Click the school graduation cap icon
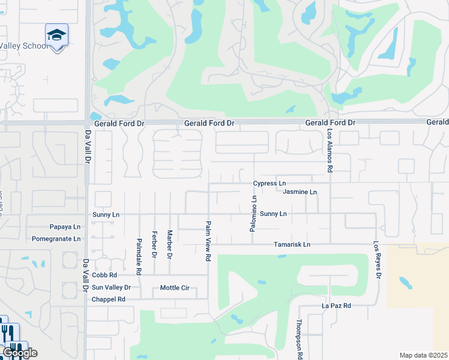pyautogui.click(x=56, y=36)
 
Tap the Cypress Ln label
pyautogui.click(x=270, y=184)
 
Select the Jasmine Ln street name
pyautogui.click(x=300, y=192)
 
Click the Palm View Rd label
pyautogui.click(x=208, y=241)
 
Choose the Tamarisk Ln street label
pyautogui.click(x=292, y=245)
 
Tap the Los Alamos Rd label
pyautogui.click(x=330, y=150)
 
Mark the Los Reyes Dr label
pyautogui.click(x=377, y=260)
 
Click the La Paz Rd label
pyautogui.click(x=336, y=306)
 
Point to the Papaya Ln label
pyautogui.click(x=65, y=227)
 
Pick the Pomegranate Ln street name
pyautogui.click(x=57, y=239)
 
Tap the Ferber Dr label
pyautogui.click(x=154, y=244)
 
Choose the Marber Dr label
pyautogui.click(x=170, y=245)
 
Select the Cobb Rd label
pyautogui.click(x=104, y=275)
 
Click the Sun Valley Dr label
pyautogui.click(x=111, y=288)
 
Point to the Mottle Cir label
pyautogui.click(x=175, y=288)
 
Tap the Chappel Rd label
pyautogui.click(x=108, y=299)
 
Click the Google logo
pyautogui.click(x=20, y=353)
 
